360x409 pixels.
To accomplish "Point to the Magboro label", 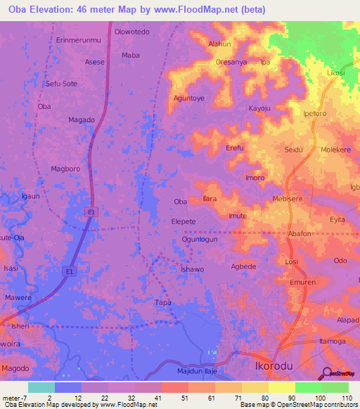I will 67,169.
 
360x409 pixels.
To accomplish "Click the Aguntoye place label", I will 188,98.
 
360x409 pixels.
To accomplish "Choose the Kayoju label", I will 259,108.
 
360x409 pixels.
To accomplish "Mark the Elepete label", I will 184,221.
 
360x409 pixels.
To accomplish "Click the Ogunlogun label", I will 202,239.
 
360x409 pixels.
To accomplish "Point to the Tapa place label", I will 162,302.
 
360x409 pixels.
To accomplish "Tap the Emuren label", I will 302,283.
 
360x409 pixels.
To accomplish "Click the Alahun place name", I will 219,44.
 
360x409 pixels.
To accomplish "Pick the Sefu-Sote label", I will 61,83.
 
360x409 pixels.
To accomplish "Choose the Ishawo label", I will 192,269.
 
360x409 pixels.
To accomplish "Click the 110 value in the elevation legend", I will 347,398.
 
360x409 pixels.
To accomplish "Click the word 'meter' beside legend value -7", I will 11,398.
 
